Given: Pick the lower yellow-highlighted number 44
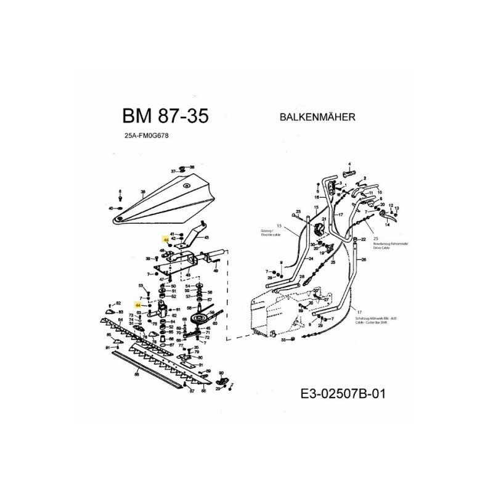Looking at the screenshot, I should [x=138, y=304].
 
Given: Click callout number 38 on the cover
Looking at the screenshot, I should [x=143, y=193].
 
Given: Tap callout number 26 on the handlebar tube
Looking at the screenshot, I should [x=364, y=260].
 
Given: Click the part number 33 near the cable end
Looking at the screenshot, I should [x=283, y=340].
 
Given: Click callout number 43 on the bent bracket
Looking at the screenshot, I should [x=206, y=238].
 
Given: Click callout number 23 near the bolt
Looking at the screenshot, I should [x=298, y=211].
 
